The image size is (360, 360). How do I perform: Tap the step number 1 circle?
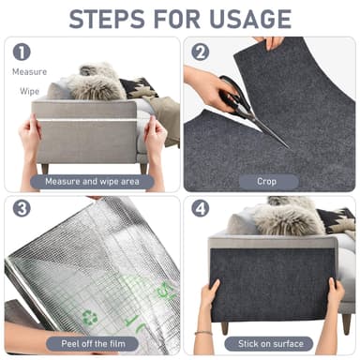pos(22,52)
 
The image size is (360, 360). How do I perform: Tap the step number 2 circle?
pos(200,52)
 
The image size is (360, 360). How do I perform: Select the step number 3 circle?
pos(22,209)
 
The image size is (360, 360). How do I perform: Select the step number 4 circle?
pos(200,209)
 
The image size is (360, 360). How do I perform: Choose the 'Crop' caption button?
pos(266,181)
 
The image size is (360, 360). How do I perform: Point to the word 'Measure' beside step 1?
pos(29,71)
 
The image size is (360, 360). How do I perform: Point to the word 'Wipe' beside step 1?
pos(30,91)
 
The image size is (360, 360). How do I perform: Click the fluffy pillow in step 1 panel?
pos(94,82)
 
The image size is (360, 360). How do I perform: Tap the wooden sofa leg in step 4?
pos(224,327)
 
